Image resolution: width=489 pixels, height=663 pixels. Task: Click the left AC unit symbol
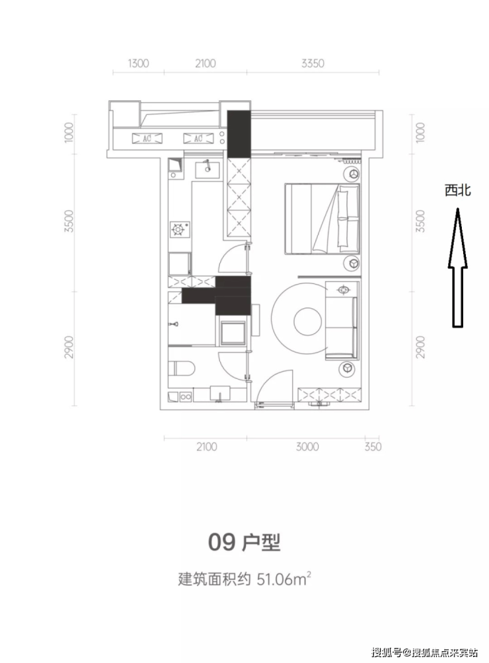[x=147, y=138]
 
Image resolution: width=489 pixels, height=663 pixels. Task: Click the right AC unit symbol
[x=198, y=138]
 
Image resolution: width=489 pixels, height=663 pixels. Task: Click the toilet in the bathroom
[x=181, y=368]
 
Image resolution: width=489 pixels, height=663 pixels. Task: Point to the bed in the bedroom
[x=322, y=219]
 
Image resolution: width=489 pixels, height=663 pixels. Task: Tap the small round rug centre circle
[x=307, y=321]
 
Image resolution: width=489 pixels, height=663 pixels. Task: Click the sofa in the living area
[x=342, y=328]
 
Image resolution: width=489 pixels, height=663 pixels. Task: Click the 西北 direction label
[x=458, y=191]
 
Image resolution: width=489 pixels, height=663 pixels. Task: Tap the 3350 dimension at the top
[x=313, y=63]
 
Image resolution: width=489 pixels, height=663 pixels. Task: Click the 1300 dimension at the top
[x=138, y=63]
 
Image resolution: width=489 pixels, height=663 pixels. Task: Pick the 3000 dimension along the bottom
[x=307, y=446]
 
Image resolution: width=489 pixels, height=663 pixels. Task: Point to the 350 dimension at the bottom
[x=373, y=446]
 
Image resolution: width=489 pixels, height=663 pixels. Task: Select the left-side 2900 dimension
[x=69, y=347]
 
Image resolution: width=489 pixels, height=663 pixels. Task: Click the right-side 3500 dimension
[x=420, y=221]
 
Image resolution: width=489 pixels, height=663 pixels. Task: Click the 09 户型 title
[x=244, y=542]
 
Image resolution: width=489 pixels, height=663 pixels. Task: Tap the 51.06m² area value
[x=284, y=579]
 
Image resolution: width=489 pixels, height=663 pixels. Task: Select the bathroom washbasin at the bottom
[x=220, y=393]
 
